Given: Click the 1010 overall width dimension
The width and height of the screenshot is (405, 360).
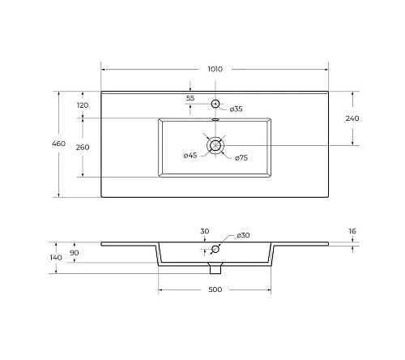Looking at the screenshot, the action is click(215, 69).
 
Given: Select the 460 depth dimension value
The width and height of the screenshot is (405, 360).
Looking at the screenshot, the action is click(59, 144).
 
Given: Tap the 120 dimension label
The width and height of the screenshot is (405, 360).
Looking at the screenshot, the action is click(83, 105).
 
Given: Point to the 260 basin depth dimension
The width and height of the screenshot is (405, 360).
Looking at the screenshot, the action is click(83, 148).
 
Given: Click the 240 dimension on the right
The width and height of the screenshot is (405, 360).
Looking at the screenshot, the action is click(352, 118).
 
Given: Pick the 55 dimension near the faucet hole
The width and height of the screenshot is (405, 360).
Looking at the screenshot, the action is click(190, 98).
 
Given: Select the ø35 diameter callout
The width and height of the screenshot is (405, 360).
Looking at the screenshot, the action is click(237, 109).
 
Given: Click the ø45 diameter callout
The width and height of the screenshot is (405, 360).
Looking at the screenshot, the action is click(190, 156).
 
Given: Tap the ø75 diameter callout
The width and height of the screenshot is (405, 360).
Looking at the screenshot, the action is click(241, 158).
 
